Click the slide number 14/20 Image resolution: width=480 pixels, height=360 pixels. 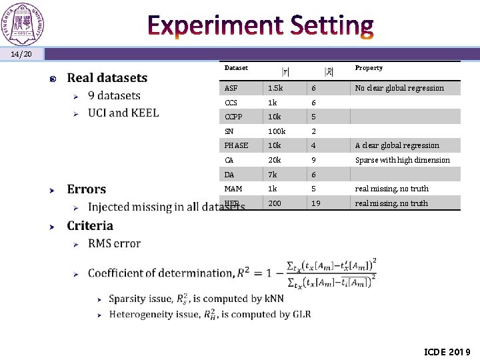point(22,54)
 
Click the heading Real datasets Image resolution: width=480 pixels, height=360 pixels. point(107,78)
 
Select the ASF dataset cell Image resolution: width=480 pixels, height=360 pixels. point(231,88)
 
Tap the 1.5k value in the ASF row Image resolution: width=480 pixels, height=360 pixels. point(275,88)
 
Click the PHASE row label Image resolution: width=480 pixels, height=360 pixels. point(236,145)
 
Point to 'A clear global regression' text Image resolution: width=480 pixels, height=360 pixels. point(397,145)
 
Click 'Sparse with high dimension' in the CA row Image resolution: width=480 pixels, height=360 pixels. point(402,160)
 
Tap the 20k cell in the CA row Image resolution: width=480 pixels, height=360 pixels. point(275,160)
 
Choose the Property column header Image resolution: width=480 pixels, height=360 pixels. point(369,68)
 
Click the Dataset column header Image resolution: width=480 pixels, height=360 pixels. point(236,68)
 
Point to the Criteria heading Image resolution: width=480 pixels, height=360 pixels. point(90,226)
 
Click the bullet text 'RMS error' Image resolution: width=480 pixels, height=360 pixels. point(114,243)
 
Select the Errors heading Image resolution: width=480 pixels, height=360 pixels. point(86,189)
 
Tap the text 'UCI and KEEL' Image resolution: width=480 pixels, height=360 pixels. point(123,113)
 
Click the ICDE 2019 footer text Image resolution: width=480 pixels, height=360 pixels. point(447,351)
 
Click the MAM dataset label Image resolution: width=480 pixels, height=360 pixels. point(233,189)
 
